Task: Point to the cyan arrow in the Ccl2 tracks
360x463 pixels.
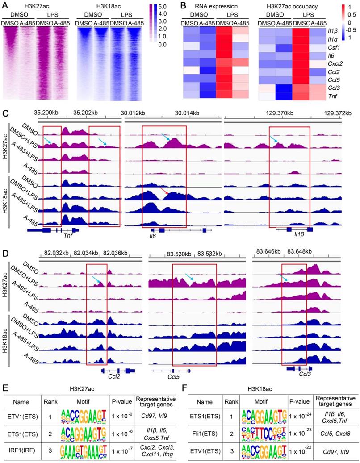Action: pyautogui.click(x=96, y=280)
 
